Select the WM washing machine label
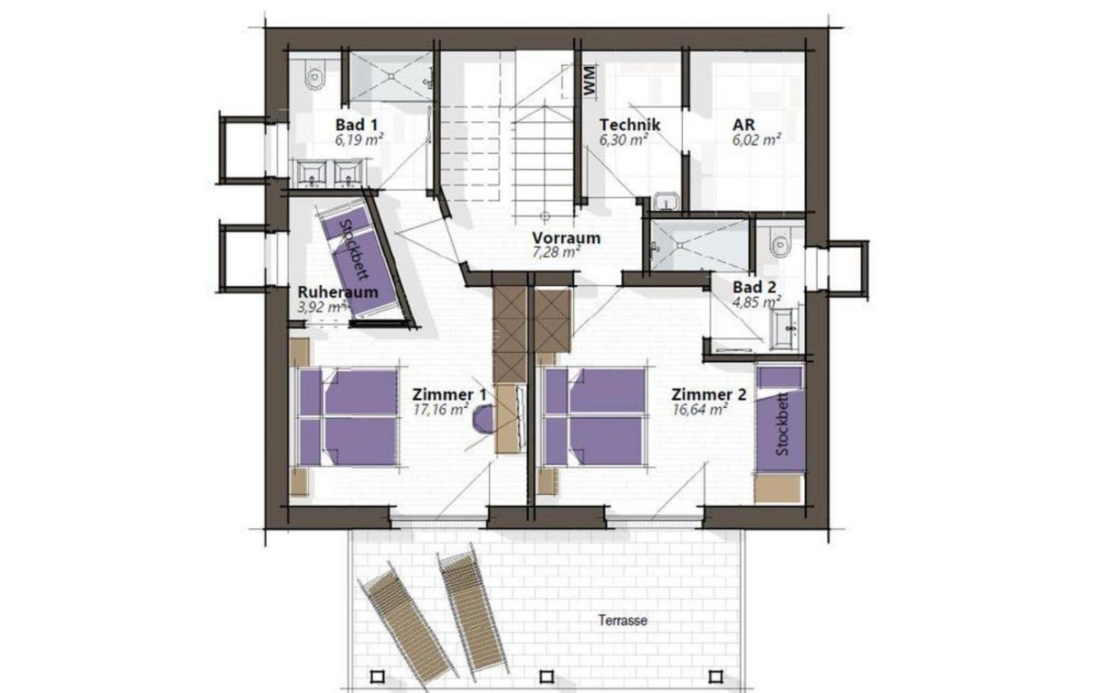pyautogui.click(x=589, y=80)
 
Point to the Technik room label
pyautogui.click(x=629, y=125)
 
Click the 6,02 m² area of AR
pyautogui.click(x=756, y=141)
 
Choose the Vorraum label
pyautogui.click(x=566, y=238)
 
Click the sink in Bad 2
pyautogui.click(x=786, y=329)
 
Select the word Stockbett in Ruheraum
pyautogui.click(x=354, y=249)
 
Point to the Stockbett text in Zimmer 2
pyautogui.click(x=782, y=424)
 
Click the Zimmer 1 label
pyautogui.click(x=449, y=395)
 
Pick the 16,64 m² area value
pyautogui.click(x=699, y=409)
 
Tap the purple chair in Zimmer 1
pyautogui.click(x=483, y=420)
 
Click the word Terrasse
pyautogui.click(x=623, y=620)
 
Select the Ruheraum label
pyautogui.click(x=338, y=292)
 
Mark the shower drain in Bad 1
pyautogui.click(x=391, y=76)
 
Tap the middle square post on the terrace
pyautogui.click(x=547, y=677)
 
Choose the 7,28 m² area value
pyautogui.click(x=556, y=253)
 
